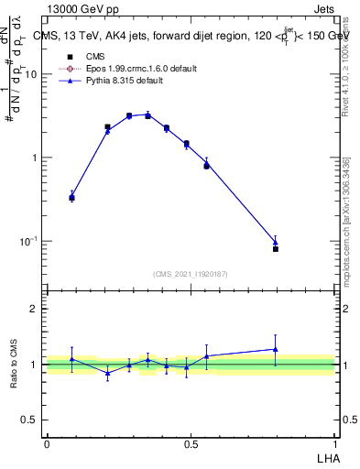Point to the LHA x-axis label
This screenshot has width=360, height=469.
click(x=326, y=456)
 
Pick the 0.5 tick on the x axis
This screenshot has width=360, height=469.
click(x=191, y=443)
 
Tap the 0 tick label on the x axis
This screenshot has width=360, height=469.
click(x=47, y=443)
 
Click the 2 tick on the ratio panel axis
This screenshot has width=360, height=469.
click(x=34, y=309)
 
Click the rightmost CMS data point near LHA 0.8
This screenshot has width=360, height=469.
click(x=275, y=248)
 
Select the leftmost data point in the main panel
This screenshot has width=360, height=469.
click(x=72, y=197)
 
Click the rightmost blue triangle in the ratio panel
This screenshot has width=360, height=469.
click(x=275, y=349)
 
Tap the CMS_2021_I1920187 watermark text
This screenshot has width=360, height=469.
click(x=191, y=274)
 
